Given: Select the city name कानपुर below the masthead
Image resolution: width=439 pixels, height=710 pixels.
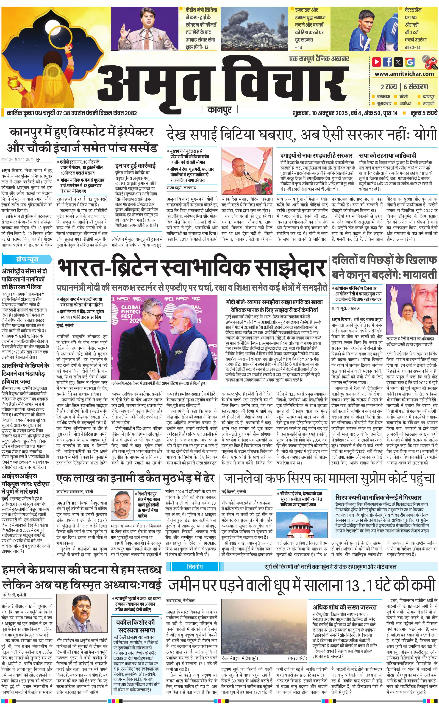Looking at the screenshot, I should tap(219, 110).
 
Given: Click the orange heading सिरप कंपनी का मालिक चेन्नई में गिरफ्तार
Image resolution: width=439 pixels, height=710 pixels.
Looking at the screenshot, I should tap(378, 497).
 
